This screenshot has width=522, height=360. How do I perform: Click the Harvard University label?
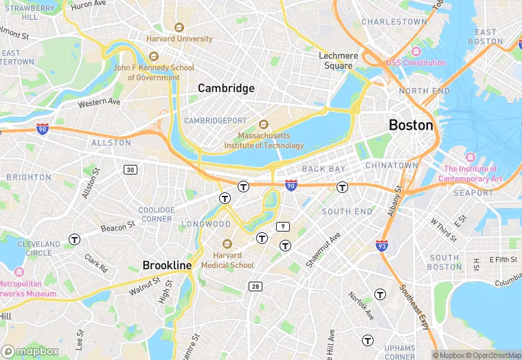click(179, 38)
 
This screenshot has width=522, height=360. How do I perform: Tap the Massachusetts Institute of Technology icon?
click(263, 124)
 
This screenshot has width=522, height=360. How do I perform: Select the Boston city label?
click(411, 125)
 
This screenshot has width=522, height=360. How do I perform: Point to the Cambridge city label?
click(226, 88)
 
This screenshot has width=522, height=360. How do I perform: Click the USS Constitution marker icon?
click(416, 52)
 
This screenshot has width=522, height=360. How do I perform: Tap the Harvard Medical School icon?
click(227, 244)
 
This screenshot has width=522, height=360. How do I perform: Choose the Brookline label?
click(167, 265)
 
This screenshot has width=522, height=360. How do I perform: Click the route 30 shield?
click(130, 169)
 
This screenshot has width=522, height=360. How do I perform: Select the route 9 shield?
click(282, 226)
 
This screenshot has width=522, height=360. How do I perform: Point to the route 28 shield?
click(255, 286)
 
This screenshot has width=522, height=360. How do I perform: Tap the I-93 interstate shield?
click(382, 245)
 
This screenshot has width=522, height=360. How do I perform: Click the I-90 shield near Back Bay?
click(291, 185)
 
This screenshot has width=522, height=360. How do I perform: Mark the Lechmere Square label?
click(339, 61)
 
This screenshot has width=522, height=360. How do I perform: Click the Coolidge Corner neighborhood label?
click(157, 214)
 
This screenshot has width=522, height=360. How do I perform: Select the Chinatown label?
click(391, 166)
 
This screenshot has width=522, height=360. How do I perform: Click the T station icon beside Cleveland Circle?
click(74, 239)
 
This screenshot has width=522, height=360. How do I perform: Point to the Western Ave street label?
click(99, 102)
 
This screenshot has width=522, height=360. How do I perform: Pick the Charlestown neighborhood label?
click(394, 22)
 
